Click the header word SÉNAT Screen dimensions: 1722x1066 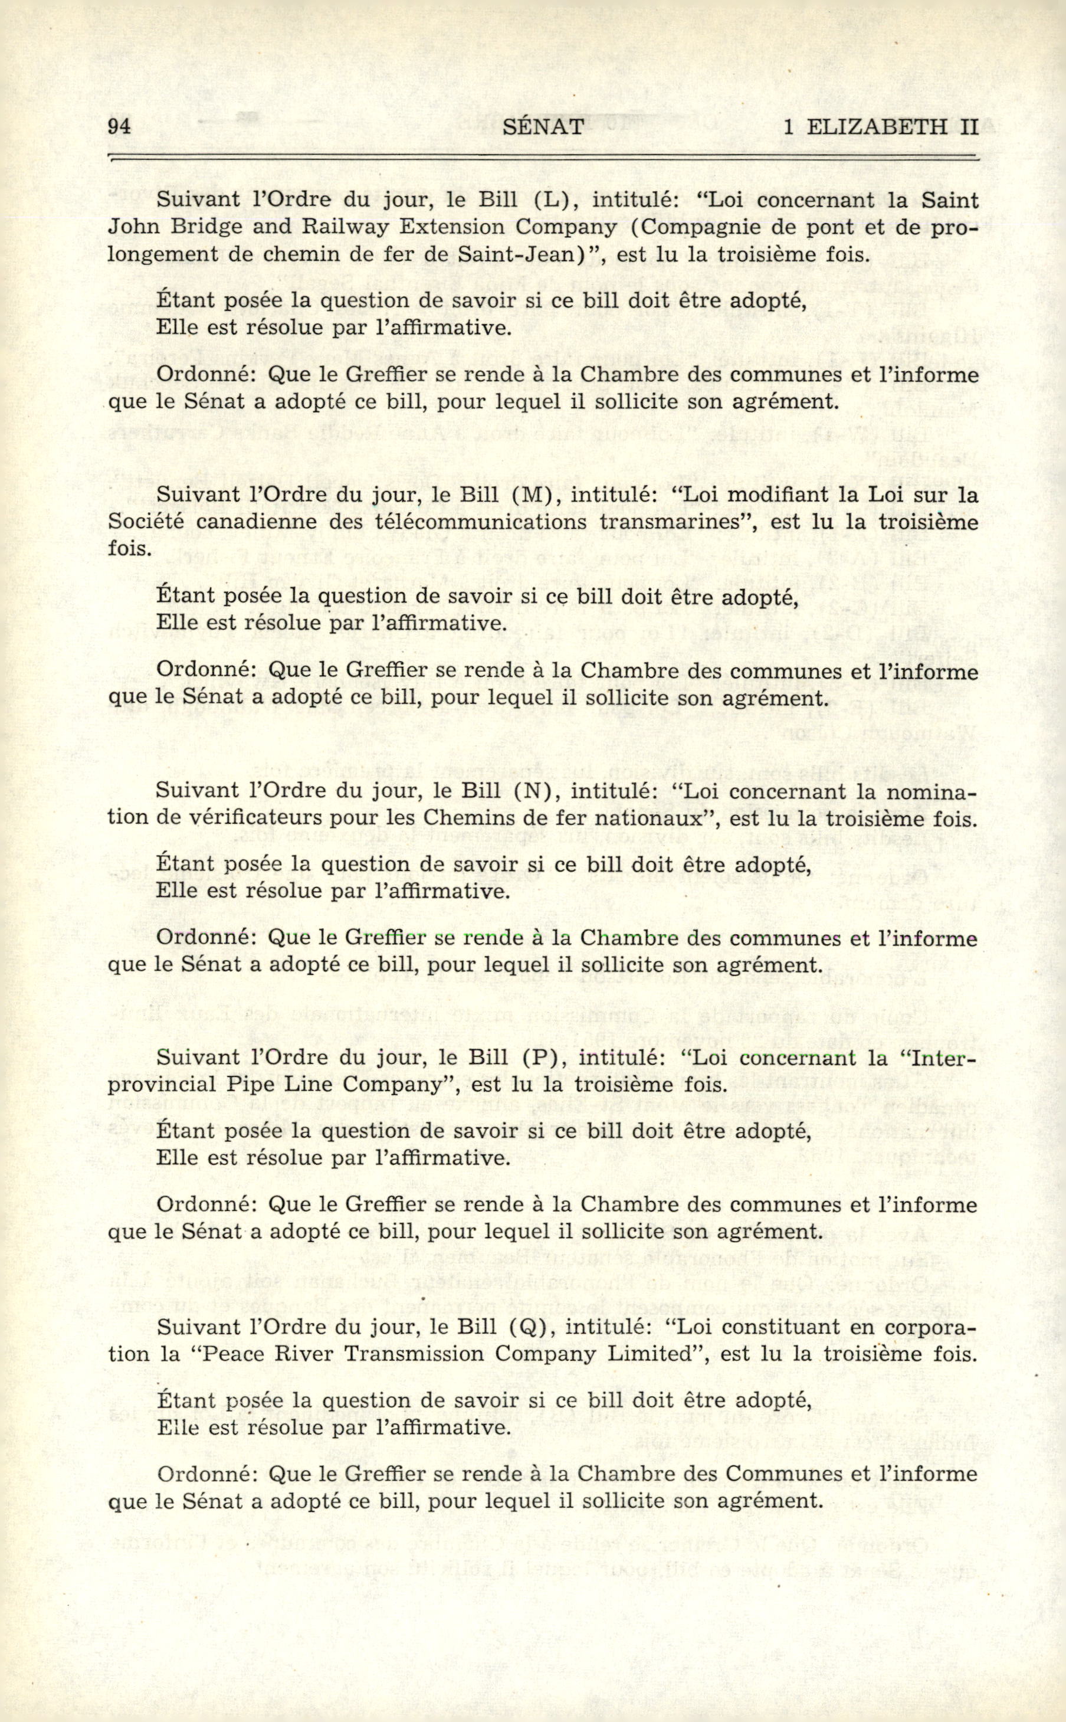point(545,126)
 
